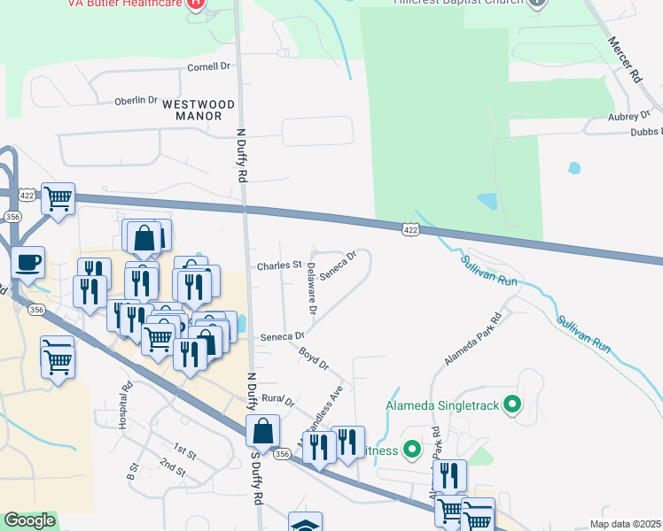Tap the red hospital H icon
(197, 4)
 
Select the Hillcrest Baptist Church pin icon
(536, 4)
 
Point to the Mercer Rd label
(624, 61)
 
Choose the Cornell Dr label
(208, 66)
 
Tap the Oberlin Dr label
(136, 101)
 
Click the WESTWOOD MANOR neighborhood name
(199, 110)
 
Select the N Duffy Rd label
(241, 155)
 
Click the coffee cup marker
(27, 262)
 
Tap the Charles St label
(280, 265)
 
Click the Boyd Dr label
(314, 358)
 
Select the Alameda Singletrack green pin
(511, 406)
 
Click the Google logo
(30, 520)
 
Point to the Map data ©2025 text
(625, 524)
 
